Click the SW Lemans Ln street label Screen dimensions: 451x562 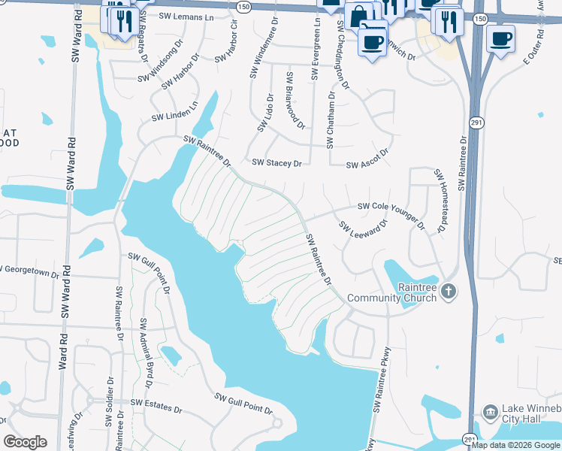[187, 16]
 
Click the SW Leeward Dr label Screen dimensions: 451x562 [362, 229]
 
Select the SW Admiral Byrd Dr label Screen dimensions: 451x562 [146, 353]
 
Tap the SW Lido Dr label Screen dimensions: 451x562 [266, 113]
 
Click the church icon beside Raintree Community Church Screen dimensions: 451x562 [448, 290]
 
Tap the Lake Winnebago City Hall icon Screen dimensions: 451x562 [489, 412]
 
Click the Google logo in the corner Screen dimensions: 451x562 [25, 441]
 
